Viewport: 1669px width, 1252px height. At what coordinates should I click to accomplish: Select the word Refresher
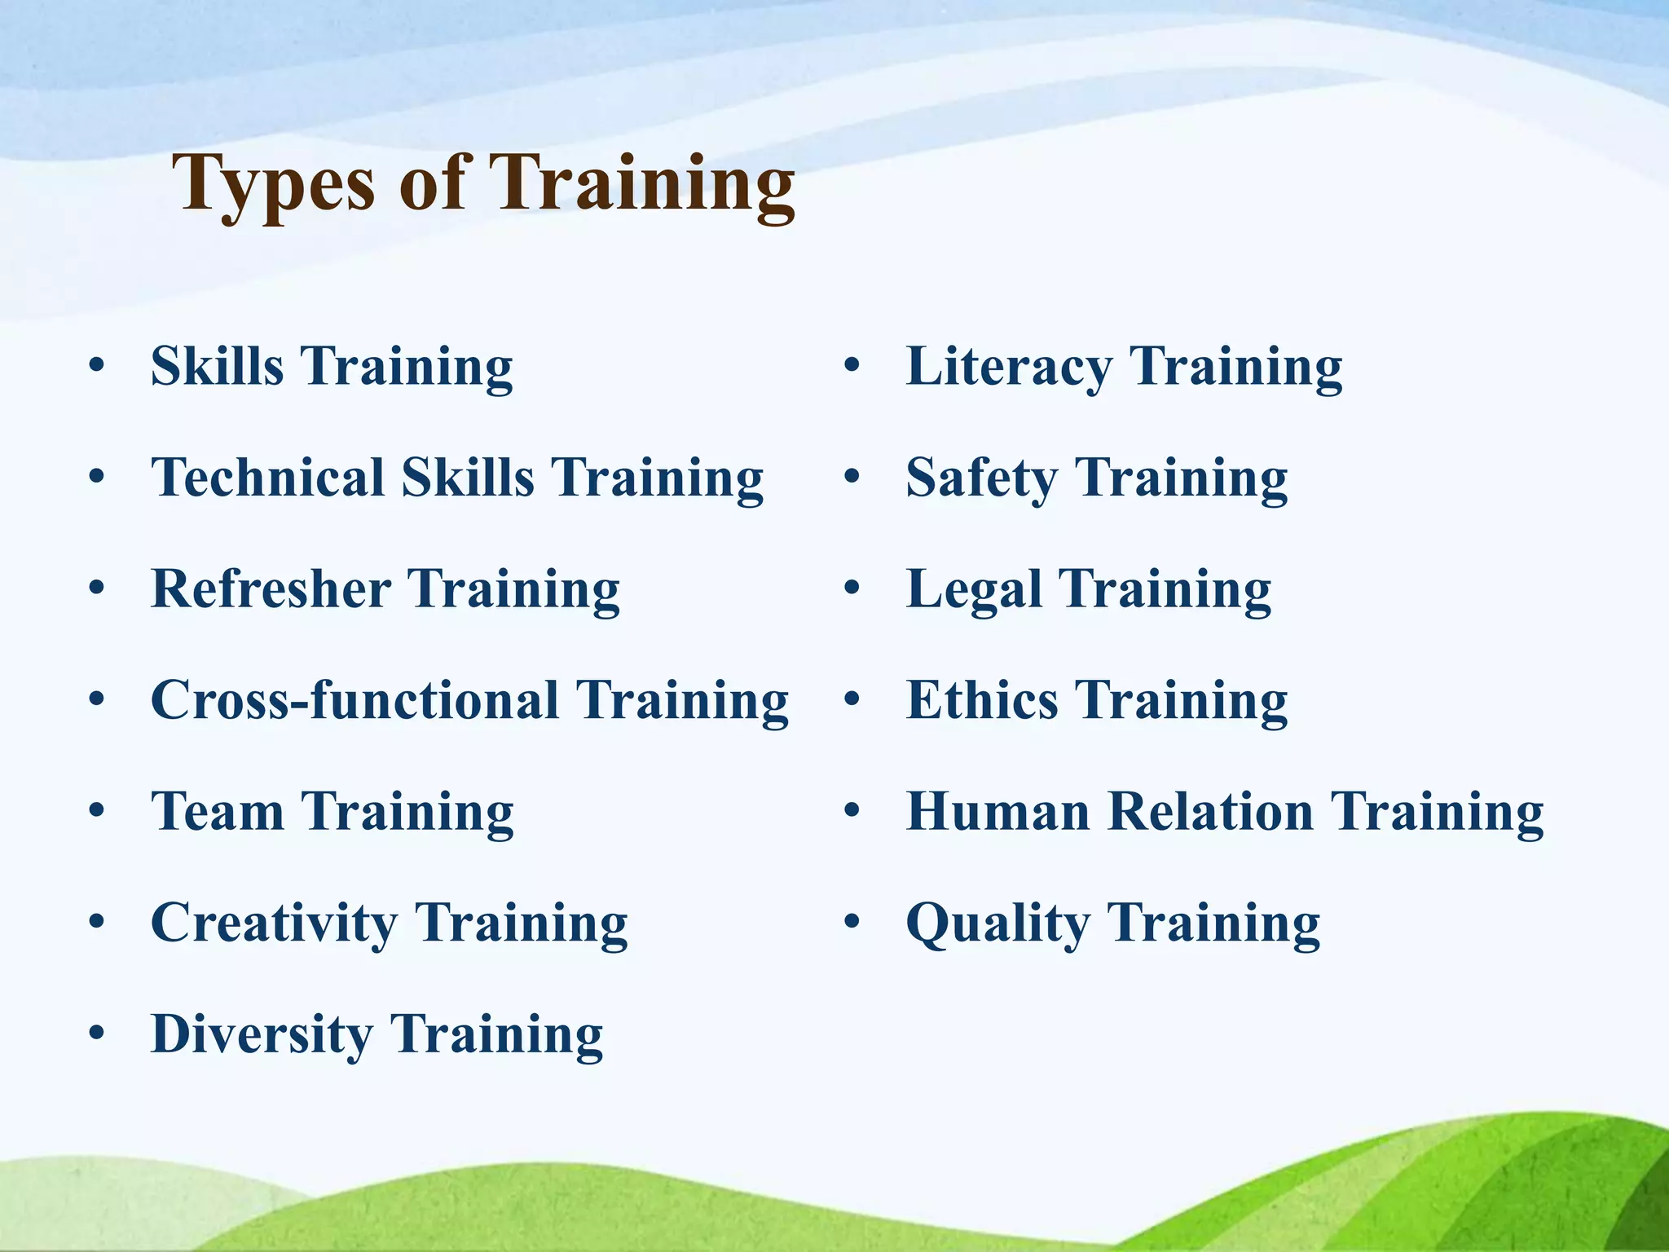tap(271, 589)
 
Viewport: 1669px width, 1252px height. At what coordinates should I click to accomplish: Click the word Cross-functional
tap(354, 700)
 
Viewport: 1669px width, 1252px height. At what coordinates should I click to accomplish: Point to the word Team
tap(218, 812)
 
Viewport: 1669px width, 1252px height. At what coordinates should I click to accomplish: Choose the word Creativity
tap(275, 924)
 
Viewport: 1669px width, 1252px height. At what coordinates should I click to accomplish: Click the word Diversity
tap(262, 1035)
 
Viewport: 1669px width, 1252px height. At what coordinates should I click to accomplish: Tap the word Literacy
tap(1009, 367)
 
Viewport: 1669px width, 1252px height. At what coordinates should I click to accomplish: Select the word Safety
tap(982, 478)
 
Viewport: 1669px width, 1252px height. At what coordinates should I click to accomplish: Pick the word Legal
tap(974, 590)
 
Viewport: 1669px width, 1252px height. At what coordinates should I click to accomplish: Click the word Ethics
tap(982, 700)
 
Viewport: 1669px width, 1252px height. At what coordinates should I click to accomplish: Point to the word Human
tap(998, 812)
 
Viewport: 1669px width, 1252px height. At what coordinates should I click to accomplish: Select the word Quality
tap(998, 924)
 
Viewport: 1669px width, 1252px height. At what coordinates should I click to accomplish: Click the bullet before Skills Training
tap(97, 366)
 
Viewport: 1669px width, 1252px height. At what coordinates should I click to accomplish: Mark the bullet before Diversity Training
tap(97, 1034)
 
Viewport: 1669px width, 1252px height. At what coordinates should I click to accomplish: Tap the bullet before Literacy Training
tap(852, 366)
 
